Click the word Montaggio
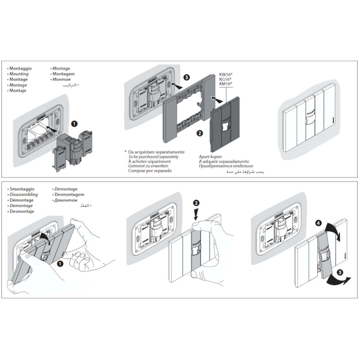pyautogui.click(x=21, y=68)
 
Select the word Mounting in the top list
pyautogui.click(x=19, y=74)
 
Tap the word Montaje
pyautogui.click(x=18, y=91)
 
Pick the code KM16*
pyautogui.click(x=225, y=84)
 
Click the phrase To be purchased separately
pyautogui.click(x=153, y=157)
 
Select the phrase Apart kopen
pyautogui.click(x=210, y=157)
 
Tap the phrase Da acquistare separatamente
pyautogui.click(x=156, y=152)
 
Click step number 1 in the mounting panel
pyautogui.click(x=74, y=123)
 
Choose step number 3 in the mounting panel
pyautogui.click(x=186, y=77)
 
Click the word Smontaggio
pyautogui.click(x=22, y=189)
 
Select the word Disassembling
pyautogui.click(x=24, y=194)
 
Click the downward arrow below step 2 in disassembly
pyautogui.click(x=196, y=215)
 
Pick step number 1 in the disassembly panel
pyautogui.click(x=60, y=264)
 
